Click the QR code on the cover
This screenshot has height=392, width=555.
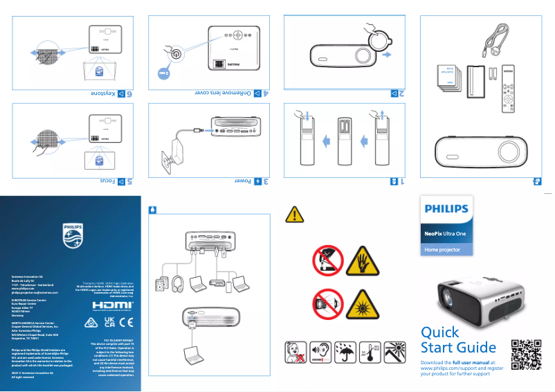coord(524,353)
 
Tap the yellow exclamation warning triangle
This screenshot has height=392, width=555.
coord(294,215)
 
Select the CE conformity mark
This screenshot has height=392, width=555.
coord(126,321)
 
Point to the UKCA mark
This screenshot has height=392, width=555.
coord(109,321)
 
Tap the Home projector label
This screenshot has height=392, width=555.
coord(442,249)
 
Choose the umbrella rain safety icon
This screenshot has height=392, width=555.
coord(343,353)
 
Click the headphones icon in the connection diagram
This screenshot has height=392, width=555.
coord(178,283)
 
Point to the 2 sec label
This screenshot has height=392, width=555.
coord(163,71)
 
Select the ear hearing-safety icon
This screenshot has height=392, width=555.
coord(320,353)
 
